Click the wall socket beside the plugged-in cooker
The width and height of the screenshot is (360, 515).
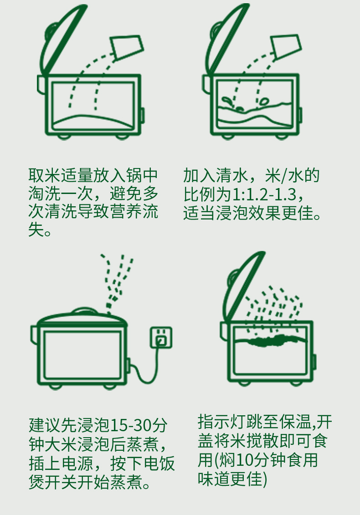tap(161, 337)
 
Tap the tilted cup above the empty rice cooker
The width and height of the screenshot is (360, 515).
tap(127, 47)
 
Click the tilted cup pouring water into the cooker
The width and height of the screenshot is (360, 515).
tap(286, 46)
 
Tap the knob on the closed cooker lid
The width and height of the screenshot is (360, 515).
tap(84, 311)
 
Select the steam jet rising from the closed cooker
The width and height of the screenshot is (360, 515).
tap(117, 282)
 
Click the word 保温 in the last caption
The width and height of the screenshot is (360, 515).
tap(296, 422)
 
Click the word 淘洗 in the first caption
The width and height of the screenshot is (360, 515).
tap(44, 194)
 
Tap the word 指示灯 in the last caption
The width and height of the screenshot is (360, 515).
tap(221, 422)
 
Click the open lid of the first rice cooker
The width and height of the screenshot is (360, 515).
tap(62, 40)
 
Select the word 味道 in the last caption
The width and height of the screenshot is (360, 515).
tap(214, 479)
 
